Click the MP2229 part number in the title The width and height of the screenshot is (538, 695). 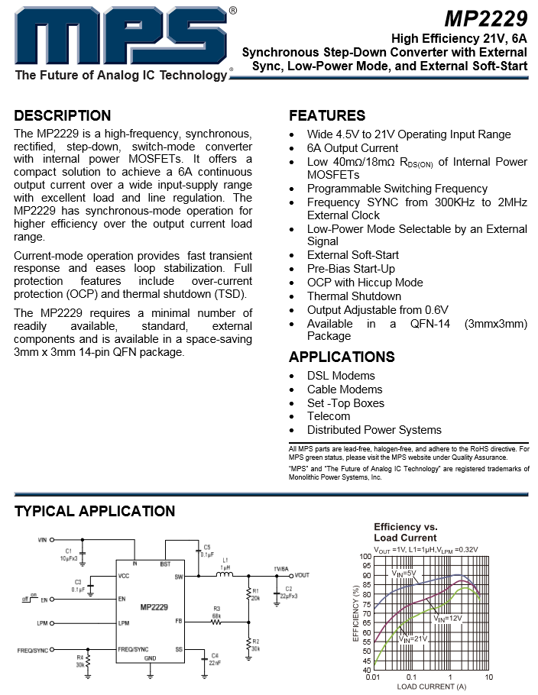click(486, 18)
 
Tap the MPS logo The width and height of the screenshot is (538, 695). click(122, 37)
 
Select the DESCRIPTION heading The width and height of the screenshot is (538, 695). click(63, 116)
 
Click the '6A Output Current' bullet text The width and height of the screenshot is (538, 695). click(352, 148)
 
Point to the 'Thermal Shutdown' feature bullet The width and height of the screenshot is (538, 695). click(354, 296)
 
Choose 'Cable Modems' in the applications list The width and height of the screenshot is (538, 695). click(345, 390)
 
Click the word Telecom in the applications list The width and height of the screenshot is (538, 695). click(329, 416)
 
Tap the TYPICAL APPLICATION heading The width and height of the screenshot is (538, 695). click(95, 511)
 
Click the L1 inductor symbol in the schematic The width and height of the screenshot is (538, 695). click(225, 575)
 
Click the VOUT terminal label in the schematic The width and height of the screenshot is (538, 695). click(302, 574)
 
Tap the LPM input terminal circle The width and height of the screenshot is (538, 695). click(54, 623)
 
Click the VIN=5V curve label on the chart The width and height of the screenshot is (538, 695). click(403, 573)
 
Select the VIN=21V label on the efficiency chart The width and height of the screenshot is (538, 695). click(413, 638)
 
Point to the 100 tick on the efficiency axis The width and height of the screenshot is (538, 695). click(365, 557)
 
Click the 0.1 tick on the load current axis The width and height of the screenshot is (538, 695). click(411, 677)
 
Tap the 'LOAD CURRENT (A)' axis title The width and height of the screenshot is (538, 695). click(431, 687)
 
